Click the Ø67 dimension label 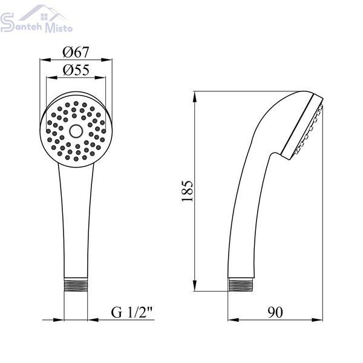[x=76, y=52]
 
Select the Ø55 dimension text [x=76, y=70]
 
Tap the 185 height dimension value [x=187, y=191]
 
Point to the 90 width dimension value [x=275, y=312]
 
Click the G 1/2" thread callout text [x=132, y=312]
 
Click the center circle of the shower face [x=76, y=131]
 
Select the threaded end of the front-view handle [x=76, y=285]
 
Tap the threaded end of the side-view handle [x=240, y=285]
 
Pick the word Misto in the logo [x=59, y=27]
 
